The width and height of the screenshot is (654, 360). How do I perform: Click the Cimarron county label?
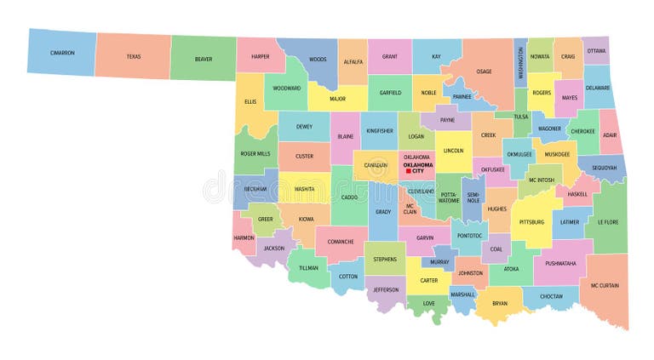click(x=62, y=54)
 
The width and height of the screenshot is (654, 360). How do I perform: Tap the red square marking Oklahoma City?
click(x=409, y=171)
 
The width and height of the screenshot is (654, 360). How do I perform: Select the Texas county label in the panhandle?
click(x=134, y=57)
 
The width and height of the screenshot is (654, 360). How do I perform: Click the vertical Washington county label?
click(x=520, y=62)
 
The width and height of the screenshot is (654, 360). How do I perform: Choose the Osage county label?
click(x=484, y=71)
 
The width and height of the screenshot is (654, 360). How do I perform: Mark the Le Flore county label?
click(x=607, y=223)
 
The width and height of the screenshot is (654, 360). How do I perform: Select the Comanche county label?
click(x=341, y=242)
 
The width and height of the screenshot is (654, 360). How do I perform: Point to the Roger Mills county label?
click(x=255, y=154)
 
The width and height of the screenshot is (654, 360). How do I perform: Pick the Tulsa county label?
click(x=521, y=117)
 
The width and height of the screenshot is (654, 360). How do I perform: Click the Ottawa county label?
click(x=597, y=50)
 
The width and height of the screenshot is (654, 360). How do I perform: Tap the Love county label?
click(x=428, y=302)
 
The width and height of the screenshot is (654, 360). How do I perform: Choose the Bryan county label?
click(x=499, y=303)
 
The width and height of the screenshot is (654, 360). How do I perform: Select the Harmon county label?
click(x=244, y=237)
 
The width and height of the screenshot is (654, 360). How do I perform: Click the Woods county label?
click(x=318, y=60)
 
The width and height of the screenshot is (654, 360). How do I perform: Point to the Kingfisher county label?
click(x=379, y=131)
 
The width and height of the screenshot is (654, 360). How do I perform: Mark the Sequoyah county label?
click(x=605, y=168)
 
